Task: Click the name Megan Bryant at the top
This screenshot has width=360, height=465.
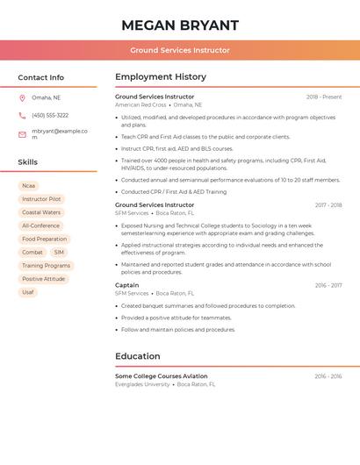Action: pyautogui.click(x=180, y=25)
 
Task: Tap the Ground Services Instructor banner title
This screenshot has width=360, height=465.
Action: pyautogui.click(x=180, y=50)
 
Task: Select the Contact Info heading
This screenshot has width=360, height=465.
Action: pyautogui.click(x=41, y=77)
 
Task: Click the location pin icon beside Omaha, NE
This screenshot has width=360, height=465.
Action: pyautogui.click(x=22, y=98)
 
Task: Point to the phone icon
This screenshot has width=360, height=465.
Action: pyautogui.click(x=22, y=116)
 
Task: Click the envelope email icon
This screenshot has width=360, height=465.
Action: pyautogui.click(x=22, y=134)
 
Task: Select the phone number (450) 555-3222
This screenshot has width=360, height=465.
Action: pyautogui.click(x=50, y=116)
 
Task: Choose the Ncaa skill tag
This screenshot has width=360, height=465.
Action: pyautogui.click(x=29, y=186)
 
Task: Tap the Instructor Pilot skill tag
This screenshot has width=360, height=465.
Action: pyautogui.click(x=41, y=199)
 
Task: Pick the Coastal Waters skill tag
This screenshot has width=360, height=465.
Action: pyautogui.click(x=41, y=212)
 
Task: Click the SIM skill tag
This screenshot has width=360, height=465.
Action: pyautogui.click(x=59, y=253)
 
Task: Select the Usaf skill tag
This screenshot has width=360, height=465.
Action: pyautogui.click(x=28, y=292)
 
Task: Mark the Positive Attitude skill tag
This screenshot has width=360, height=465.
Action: pyautogui.click(x=44, y=279)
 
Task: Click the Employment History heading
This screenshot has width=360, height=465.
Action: pyautogui.click(x=161, y=77)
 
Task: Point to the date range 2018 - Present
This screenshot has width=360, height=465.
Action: pyautogui.click(x=324, y=97)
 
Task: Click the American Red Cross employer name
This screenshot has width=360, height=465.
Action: pyautogui.click(x=140, y=105)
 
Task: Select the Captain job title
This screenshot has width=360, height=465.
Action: pyautogui.click(x=127, y=285)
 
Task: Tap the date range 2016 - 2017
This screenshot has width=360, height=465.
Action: pyautogui.click(x=328, y=285)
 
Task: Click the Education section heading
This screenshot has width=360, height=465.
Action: pyautogui.click(x=138, y=356)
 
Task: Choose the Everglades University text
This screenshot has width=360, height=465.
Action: pyautogui.click(x=142, y=384)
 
